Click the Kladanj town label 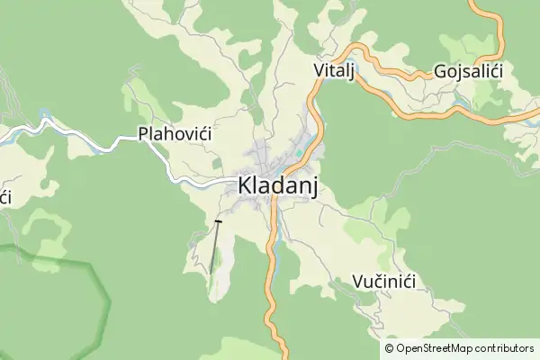tap(277, 186)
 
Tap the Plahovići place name tap(174, 134)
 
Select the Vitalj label tap(332, 70)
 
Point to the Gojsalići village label tap(467, 71)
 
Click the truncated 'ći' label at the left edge tap(4, 196)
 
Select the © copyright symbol tap(389, 348)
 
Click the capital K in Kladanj tap(245, 186)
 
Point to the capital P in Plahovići tap(143, 134)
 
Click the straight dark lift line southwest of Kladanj tap(214, 247)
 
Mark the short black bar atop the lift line tap(218, 220)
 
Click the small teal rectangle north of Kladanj tap(298, 151)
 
